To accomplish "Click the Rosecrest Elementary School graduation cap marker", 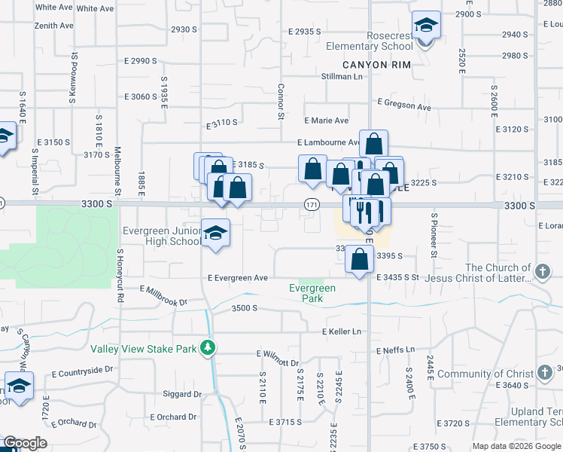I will click(427, 27).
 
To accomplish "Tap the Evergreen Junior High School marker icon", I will click(215, 233).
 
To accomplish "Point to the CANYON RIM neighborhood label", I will click(376, 65).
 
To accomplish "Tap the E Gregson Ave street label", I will click(403, 105).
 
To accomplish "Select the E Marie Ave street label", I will click(326, 121).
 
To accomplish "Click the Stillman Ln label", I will click(342, 76).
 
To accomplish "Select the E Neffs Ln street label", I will click(395, 350).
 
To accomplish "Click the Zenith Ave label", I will click(54, 25).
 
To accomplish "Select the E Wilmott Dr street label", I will click(278, 353).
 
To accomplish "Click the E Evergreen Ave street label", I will click(238, 278).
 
